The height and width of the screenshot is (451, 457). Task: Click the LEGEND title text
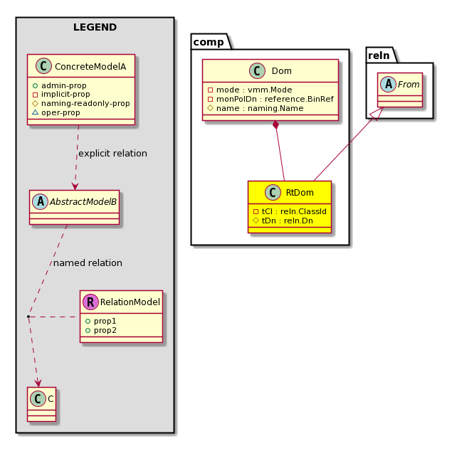coord(95,27)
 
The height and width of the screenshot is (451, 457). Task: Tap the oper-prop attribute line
coord(56,112)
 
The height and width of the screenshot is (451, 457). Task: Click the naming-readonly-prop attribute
coord(80,103)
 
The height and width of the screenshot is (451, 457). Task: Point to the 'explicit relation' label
coord(112,153)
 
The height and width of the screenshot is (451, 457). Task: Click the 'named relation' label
coord(88,262)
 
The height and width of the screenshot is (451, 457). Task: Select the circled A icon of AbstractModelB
coord(41,201)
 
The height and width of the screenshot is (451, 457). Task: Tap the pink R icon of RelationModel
coord(90,302)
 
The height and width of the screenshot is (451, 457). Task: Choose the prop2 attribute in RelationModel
coord(101,330)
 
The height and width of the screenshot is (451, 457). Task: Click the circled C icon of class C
coord(38,399)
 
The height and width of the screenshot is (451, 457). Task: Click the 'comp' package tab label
coord(209,42)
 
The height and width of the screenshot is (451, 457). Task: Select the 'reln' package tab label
coord(379,55)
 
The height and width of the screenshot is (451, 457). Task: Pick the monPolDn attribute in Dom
coord(270,99)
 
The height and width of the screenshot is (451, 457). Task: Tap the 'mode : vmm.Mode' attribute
coord(250,90)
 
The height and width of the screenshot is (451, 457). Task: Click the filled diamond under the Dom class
coord(275,124)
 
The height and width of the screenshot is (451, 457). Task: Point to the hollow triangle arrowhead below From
coord(378,114)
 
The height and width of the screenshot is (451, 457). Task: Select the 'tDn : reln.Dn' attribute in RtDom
coord(283,221)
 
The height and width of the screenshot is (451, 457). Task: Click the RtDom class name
coord(300,192)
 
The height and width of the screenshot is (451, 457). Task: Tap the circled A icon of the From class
coord(388,84)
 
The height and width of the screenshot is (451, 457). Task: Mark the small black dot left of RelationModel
coord(28,317)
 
